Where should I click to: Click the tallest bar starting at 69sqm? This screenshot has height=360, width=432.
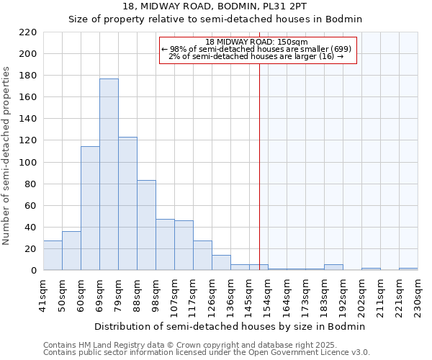[x=109, y=174]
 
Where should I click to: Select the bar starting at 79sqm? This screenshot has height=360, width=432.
[x=127, y=204]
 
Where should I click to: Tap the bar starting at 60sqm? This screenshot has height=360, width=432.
[x=90, y=208]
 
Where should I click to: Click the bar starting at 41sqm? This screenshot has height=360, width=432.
[x=53, y=256]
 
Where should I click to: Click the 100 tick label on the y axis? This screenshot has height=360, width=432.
[x=28, y=163]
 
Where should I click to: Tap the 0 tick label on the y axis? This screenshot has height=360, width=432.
[x=34, y=271]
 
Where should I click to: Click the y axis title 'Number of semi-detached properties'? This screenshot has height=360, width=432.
[x=7, y=156]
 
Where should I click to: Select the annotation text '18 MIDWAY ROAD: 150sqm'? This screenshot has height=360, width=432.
[x=256, y=42]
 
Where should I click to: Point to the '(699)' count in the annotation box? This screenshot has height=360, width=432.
[x=340, y=49]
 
